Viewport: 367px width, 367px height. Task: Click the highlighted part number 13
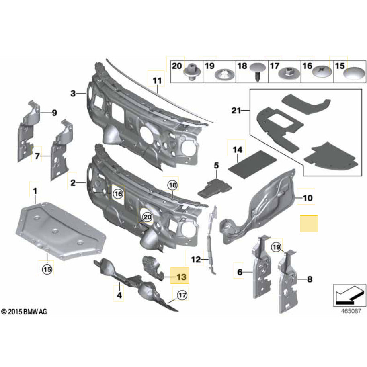click(x=181, y=277)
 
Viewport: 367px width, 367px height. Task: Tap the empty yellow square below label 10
click(x=309, y=223)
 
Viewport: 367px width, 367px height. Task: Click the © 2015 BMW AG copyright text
click(x=24, y=312)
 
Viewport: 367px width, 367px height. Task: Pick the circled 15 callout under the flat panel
click(x=47, y=269)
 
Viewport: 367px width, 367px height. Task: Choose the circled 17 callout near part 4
click(x=182, y=295)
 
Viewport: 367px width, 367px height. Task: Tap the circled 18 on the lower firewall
click(x=172, y=185)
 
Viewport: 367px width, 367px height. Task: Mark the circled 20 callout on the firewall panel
click(x=147, y=217)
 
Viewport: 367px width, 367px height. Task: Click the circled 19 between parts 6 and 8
click(x=276, y=247)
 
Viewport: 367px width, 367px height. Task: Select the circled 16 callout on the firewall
click(x=117, y=194)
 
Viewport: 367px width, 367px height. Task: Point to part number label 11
click(x=157, y=80)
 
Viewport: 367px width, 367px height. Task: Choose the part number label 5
click(x=216, y=165)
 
